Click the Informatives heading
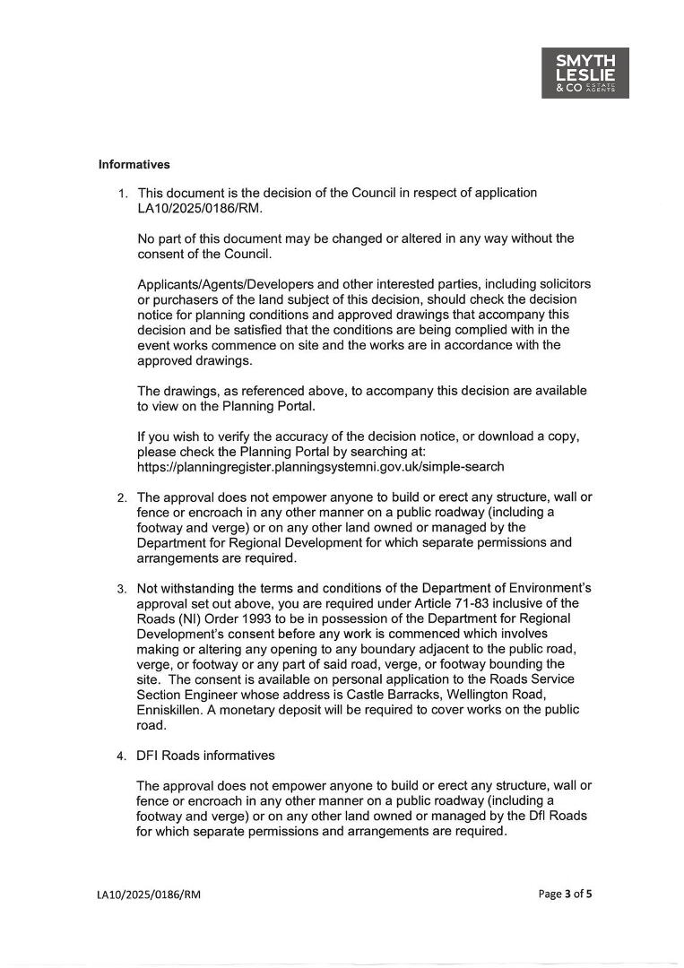point(134,165)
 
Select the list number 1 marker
point(123,194)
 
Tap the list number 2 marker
point(123,497)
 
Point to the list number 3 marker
point(123,589)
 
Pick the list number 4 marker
point(123,756)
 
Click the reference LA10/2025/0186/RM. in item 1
point(189,208)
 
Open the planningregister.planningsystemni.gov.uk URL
point(320,467)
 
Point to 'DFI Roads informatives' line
point(205,756)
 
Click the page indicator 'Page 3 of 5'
point(565,894)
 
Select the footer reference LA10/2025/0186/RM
point(149,895)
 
